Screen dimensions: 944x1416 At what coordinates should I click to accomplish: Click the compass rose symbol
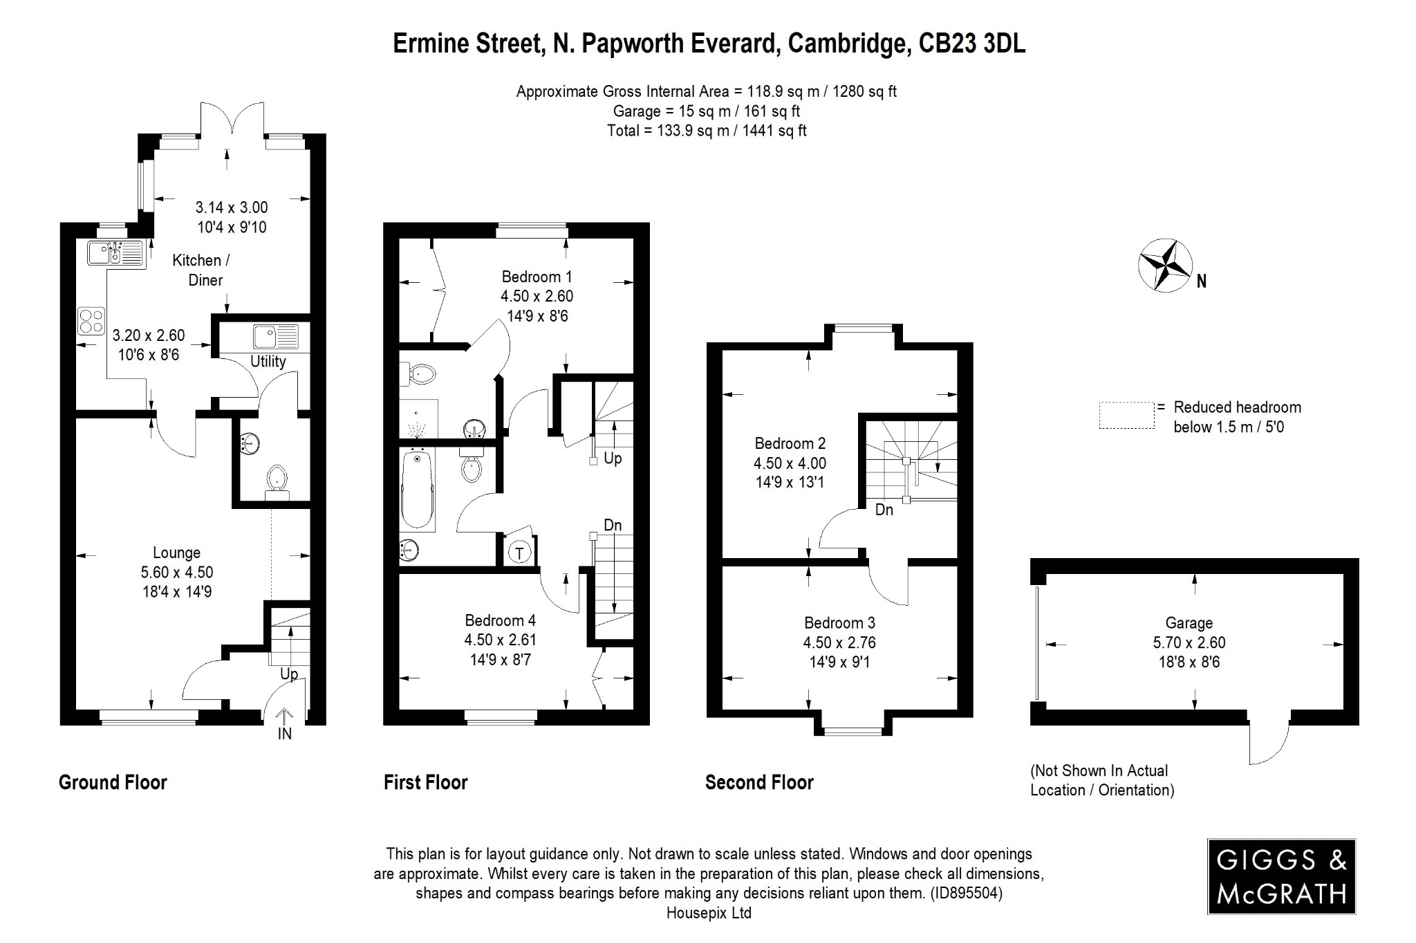point(1165,266)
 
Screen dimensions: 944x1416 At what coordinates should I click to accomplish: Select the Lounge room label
point(176,553)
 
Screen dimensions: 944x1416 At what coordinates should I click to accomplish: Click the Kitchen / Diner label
point(201,270)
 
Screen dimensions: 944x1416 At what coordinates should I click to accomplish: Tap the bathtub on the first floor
point(417,489)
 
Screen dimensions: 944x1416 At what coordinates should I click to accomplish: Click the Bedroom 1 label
point(537,277)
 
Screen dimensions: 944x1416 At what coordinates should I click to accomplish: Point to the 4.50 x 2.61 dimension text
point(500,640)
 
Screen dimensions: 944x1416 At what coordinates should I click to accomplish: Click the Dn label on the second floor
point(884,510)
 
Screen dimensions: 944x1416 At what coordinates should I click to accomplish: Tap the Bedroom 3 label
point(839,622)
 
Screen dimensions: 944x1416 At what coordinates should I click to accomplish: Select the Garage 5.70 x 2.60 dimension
point(1189,642)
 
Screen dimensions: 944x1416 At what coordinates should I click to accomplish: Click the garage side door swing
point(1270,744)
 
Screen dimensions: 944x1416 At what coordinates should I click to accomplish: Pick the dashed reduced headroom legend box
point(1126,416)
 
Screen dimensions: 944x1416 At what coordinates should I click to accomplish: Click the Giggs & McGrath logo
point(1281,876)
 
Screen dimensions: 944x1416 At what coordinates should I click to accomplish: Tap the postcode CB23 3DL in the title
point(971,43)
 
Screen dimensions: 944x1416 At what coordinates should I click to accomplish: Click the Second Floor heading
point(759,782)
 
